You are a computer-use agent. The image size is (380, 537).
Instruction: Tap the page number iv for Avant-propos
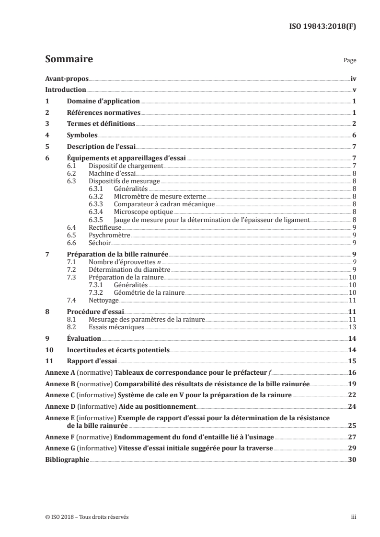pyautogui.click(x=353, y=78)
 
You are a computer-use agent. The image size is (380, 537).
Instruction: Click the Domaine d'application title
pyautogui.click(x=103, y=101)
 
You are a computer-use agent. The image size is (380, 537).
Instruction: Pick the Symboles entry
pyautogui.click(x=82, y=135)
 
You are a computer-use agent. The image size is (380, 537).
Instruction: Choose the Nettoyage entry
pyautogui.click(x=104, y=301)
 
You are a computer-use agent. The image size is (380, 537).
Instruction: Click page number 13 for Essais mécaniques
pyautogui.click(x=352, y=327)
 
